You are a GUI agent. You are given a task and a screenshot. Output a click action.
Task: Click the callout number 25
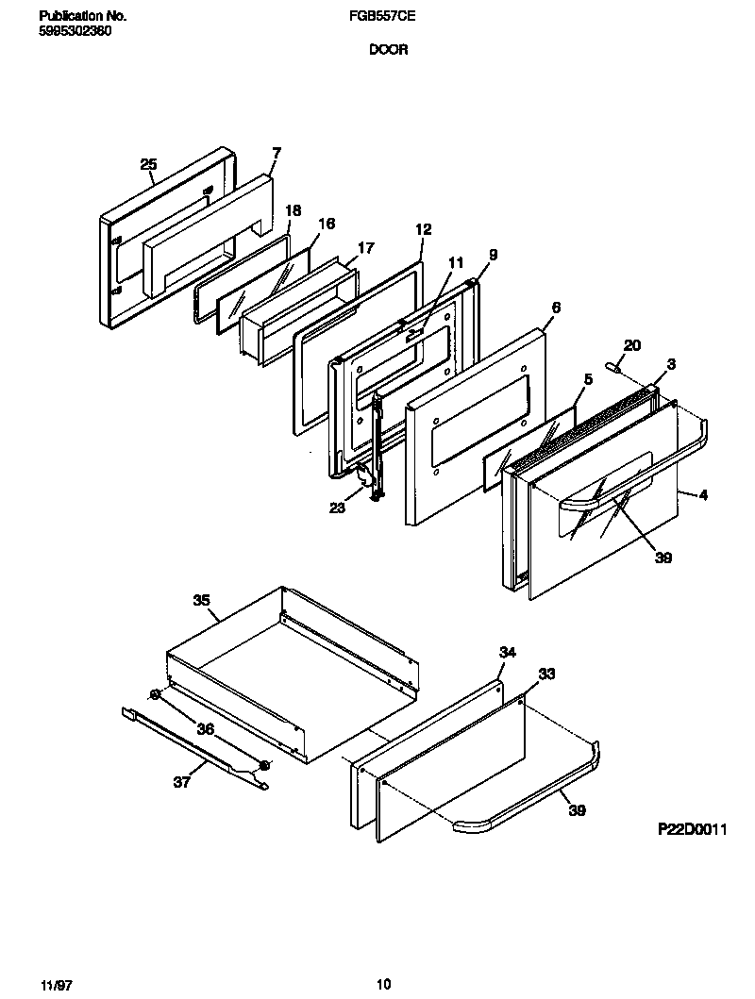[x=148, y=164]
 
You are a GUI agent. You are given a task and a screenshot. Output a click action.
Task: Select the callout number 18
[x=293, y=210]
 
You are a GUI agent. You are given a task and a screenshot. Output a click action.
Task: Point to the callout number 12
[x=423, y=229]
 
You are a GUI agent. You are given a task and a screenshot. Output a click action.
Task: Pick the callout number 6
[x=556, y=308]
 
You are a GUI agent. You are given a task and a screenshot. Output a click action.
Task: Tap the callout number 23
[x=337, y=508]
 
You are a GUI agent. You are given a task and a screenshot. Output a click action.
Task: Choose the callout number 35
[x=201, y=600]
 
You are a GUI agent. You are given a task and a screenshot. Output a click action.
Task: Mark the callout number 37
[x=181, y=781]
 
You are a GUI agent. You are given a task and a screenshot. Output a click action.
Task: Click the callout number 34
[x=508, y=652]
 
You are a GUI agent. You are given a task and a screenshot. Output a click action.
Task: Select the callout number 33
[x=546, y=674]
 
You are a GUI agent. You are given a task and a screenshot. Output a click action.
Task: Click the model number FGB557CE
[x=388, y=16]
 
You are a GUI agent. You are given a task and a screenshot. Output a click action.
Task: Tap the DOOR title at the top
[x=388, y=50]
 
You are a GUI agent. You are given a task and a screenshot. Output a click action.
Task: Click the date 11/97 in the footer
[x=57, y=985]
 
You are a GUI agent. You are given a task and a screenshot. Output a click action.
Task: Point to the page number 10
[x=383, y=985]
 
